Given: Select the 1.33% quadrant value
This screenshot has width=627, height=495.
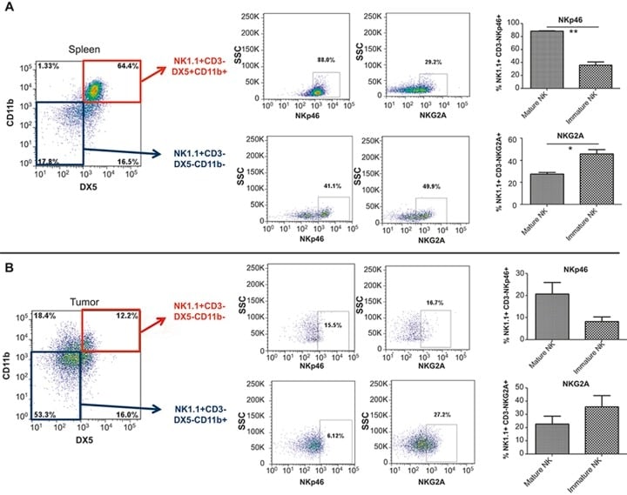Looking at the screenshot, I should click(x=48, y=67).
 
